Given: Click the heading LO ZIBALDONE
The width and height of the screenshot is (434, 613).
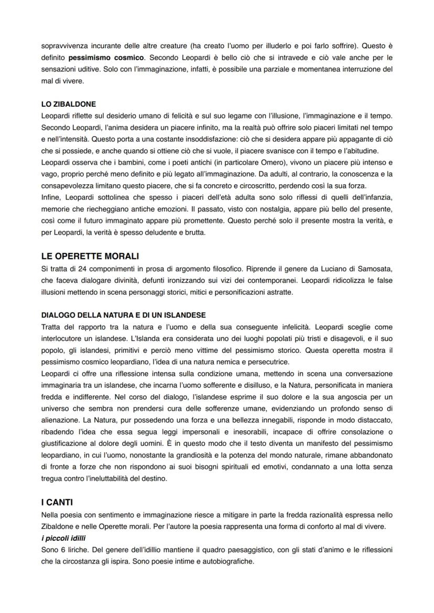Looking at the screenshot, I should click(x=68, y=104).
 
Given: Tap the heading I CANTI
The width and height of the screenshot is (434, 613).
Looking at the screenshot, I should click(x=57, y=502).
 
